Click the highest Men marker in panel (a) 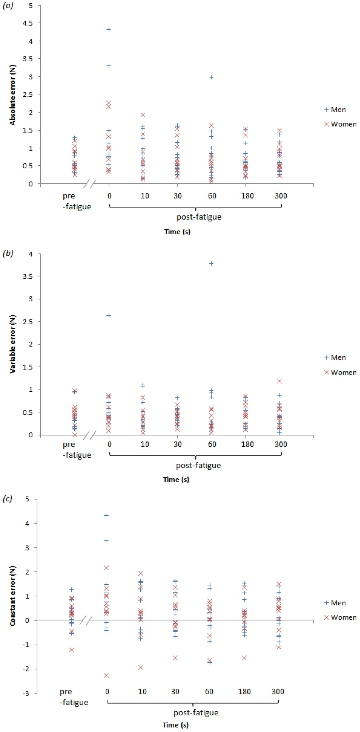[108, 30]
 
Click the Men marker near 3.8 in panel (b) [211, 264]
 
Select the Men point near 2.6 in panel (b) [108, 315]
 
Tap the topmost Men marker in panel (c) [106, 516]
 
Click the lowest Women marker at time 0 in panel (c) [106, 675]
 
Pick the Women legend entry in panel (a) [340, 124]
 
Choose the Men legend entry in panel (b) [335, 358]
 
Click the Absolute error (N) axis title [12, 95]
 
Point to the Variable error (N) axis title [12, 344]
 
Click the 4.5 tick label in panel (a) [27, 23]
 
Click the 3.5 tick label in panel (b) [28, 276]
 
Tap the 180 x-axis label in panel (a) [247, 196]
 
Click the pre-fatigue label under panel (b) [77, 450]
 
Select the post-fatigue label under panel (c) [196, 713]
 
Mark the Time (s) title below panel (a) [177, 232]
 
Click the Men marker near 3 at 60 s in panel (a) [211, 77]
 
